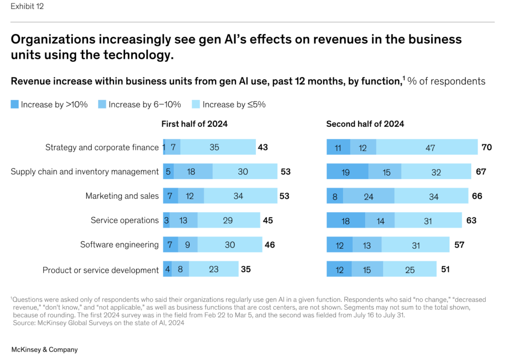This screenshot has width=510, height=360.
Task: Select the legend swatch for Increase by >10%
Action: [15, 105]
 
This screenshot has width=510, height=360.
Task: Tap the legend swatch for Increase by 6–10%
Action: [102, 105]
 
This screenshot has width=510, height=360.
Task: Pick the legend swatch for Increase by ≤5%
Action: [196, 105]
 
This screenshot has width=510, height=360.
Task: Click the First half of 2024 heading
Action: [194, 124]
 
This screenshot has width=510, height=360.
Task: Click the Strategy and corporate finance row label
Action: [102, 147]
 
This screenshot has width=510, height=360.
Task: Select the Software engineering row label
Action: [120, 244]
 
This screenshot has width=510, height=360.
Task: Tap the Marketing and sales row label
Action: [122, 196]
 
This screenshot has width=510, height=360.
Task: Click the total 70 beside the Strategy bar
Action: [487, 147]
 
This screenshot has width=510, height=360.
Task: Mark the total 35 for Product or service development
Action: [246, 269]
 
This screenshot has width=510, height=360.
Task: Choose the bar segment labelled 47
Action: [430, 147]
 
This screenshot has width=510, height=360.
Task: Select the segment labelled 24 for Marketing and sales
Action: [369, 196]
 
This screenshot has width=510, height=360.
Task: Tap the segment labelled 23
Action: [214, 269]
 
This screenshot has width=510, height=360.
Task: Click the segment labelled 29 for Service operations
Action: [228, 221]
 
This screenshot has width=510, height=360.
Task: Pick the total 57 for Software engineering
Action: [460, 245]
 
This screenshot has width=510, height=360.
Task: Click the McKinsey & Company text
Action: [44, 350]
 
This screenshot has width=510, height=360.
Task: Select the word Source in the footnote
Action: [23, 323]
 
